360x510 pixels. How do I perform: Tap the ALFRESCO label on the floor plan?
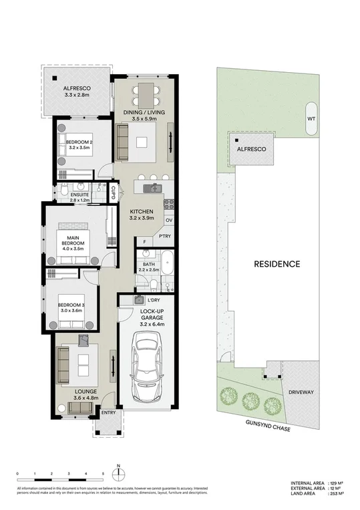(77, 88)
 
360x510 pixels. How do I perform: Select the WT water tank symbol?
(311, 118)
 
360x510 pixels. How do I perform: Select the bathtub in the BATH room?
(167, 262)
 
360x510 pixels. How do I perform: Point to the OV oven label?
(168, 220)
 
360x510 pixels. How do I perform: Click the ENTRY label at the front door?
(108, 413)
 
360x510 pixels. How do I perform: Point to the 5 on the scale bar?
(103, 473)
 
